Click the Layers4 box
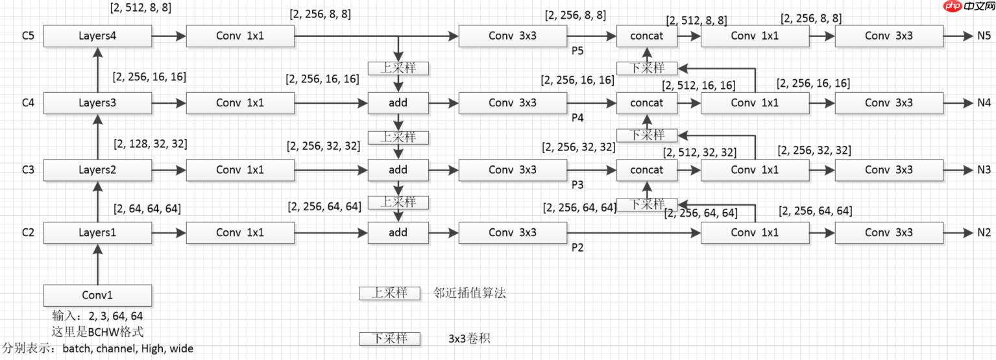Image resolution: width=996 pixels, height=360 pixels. click(x=97, y=36)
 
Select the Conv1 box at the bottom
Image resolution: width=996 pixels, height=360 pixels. click(x=97, y=295)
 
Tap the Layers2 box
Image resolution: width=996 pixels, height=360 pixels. click(x=97, y=170)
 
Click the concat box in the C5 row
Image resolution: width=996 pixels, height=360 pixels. click(x=646, y=36)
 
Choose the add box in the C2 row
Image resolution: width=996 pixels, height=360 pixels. click(x=398, y=232)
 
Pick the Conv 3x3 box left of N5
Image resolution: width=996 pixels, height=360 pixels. click(x=888, y=36)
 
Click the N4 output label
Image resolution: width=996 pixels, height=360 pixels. click(x=984, y=102)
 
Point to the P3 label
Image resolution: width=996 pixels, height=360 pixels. click(x=577, y=185)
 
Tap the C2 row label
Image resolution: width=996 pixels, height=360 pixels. click(x=28, y=232)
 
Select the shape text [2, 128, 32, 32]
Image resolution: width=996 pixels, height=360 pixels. click(x=150, y=143)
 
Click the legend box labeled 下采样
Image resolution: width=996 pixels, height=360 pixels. click(x=389, y=339)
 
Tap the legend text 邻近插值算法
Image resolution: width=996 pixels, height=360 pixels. click(x=470, y=293)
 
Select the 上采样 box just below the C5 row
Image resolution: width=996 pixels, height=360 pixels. click(x=398, y=67)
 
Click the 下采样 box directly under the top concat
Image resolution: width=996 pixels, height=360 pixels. click(x=646, y=67)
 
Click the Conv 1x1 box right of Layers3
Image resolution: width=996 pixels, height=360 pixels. click(x=239, y=102)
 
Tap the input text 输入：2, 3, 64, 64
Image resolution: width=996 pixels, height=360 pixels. click(x=97, y=317)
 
